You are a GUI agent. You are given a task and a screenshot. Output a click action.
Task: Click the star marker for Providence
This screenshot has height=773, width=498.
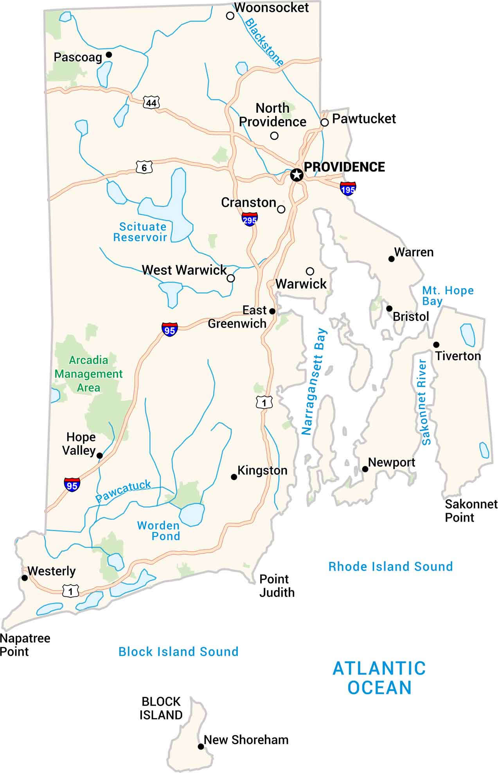point(297,175)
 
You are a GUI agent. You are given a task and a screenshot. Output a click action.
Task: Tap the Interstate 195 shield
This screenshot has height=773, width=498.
point(348,189)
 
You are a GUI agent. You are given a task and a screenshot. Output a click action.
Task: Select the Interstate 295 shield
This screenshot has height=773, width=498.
point(250,219)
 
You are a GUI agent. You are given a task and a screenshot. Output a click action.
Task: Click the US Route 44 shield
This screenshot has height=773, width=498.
point(151,103)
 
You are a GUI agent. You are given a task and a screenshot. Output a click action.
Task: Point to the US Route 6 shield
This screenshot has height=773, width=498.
point(144,168)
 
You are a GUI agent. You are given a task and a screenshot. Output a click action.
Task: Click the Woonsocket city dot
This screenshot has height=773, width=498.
point(230,16)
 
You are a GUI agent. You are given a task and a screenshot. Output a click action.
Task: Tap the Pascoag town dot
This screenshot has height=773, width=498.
point(109,54)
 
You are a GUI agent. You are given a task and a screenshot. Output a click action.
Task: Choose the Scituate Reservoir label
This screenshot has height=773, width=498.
point(140,232)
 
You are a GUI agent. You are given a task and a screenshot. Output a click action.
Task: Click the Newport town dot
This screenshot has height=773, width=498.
point(365,469)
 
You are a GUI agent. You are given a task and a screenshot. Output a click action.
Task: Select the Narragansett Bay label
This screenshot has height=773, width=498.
point(314,382)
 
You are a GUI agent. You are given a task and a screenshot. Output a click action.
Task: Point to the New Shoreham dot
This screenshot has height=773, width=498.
point(201,746)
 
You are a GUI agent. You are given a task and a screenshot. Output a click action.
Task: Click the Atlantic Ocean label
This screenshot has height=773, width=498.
point(379,678)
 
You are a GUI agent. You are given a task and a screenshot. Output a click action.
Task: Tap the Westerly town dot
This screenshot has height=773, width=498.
point(25,578)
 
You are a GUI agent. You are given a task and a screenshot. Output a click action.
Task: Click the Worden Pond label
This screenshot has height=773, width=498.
point(158,531)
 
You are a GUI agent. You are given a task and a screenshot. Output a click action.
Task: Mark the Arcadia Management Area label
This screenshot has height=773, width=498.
point(88,374)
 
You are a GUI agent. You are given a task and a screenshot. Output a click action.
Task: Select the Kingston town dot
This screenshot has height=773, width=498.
point(234,477)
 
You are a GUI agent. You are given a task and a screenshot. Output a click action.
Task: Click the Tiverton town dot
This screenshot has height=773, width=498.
point(436,344)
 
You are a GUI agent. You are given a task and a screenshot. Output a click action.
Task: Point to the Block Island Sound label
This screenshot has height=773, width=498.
point(178,652)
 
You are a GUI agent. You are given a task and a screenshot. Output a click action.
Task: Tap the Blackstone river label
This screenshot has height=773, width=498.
point(264,42)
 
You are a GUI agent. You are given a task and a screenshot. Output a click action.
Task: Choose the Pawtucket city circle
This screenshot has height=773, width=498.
point(325,123)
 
